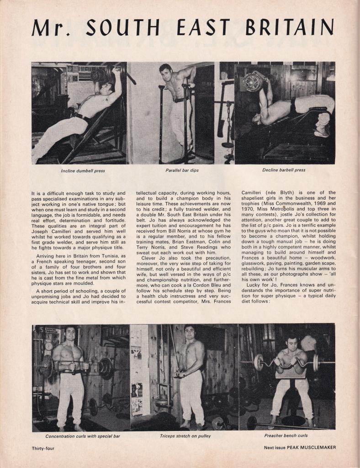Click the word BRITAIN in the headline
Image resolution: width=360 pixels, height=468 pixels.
[x=290, y=28]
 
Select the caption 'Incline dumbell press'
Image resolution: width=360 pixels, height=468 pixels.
[x=83, y=171]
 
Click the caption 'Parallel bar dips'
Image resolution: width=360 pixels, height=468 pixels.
[x=182, y=170]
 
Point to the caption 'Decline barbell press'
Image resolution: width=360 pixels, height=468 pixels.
[x=284, y=170]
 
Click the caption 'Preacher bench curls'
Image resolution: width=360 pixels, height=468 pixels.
[x=286, y=436]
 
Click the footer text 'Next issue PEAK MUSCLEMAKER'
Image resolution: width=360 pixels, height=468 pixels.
[x=300, y=447]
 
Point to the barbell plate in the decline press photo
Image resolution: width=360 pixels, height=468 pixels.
[x=252, y=82]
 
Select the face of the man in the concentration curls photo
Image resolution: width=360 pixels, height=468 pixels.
[x=70, y=334]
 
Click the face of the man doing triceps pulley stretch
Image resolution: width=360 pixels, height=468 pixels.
[x=189, y=332]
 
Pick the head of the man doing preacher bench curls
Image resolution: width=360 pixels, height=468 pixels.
[x=291, y=342]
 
